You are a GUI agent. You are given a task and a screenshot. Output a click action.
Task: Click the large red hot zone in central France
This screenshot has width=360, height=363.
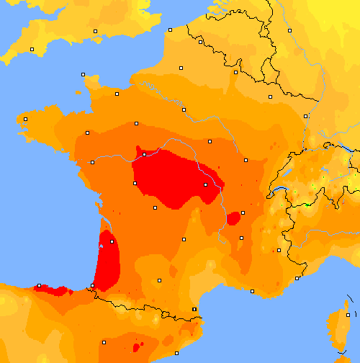coord(173,180)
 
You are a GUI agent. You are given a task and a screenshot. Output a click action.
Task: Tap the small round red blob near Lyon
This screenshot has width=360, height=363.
coord(233,218)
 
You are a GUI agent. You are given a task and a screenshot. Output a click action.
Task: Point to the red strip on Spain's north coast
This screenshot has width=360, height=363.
coord(54,290)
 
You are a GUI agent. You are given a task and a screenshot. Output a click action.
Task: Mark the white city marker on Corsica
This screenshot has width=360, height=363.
coord(348,315)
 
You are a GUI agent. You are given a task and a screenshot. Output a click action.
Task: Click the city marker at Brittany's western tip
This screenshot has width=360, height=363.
coord(25,119)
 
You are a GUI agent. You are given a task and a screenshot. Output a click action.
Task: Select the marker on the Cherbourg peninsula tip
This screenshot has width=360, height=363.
coord(84,74)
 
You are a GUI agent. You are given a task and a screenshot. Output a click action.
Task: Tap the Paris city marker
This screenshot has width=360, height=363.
coord(184,109)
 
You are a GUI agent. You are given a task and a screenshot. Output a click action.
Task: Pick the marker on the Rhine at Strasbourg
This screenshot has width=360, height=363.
coord(305,115)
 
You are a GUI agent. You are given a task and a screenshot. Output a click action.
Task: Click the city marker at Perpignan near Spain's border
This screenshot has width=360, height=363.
coord(194,310)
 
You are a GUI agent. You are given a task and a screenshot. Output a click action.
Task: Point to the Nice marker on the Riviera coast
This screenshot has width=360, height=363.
coord(297,278)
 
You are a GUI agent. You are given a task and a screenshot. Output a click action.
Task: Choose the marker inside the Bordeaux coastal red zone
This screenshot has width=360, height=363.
coord(102,246)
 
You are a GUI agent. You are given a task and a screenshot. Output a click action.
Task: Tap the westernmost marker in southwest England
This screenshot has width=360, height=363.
coord(32,49)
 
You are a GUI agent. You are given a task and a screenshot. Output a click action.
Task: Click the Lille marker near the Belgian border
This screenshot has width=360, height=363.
coord(199,42)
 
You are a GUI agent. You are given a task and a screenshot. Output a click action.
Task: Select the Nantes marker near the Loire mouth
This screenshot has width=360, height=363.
coord(91,162)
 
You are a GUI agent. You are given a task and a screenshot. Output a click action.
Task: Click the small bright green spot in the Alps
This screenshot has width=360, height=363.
coord(307,205)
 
